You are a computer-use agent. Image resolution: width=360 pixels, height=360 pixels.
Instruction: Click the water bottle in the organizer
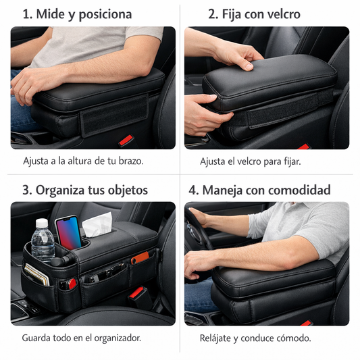tap(43, 244)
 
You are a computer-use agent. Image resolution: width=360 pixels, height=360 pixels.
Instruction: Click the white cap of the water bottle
tap(42, 222)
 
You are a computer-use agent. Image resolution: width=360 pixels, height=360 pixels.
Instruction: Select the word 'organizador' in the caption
tap(114, 337)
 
